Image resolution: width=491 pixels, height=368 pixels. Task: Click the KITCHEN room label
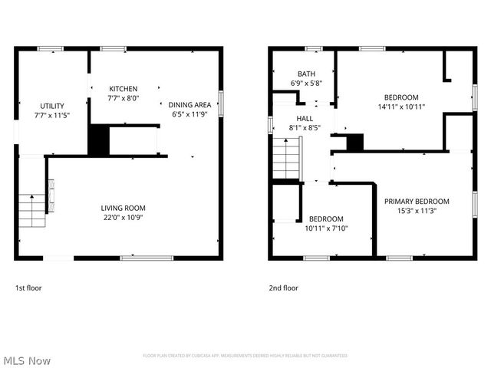tap(123, 89)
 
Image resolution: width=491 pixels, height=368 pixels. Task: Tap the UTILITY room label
tap(52, 106)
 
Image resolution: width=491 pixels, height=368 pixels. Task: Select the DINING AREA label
tap(190, 105)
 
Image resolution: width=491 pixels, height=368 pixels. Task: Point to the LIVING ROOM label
tap(123, 208)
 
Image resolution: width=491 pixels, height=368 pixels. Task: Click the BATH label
tap(285, 74)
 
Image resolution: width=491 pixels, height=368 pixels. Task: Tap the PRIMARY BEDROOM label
tap(417, 202)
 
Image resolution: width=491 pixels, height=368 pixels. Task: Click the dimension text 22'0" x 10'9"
tap(123, 217)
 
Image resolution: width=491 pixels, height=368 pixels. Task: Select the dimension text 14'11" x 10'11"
tap(401, 107)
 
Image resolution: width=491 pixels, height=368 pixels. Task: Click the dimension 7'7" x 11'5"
tap(52, 115)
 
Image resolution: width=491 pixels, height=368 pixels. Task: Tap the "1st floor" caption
tap(28, 288)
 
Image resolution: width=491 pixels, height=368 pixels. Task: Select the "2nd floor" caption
tap(283, 288)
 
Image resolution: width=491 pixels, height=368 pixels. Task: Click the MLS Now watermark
tap(27, 360)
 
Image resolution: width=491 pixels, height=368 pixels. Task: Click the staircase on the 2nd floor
tap(286, 159)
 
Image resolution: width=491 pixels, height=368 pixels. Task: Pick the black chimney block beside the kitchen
tap(99, 141)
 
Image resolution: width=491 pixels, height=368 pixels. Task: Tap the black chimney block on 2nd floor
tap(354, 142)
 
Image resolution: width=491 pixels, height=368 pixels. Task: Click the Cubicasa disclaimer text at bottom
tap(245, 356)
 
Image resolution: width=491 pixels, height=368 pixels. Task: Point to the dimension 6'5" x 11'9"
tap(190, 114)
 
